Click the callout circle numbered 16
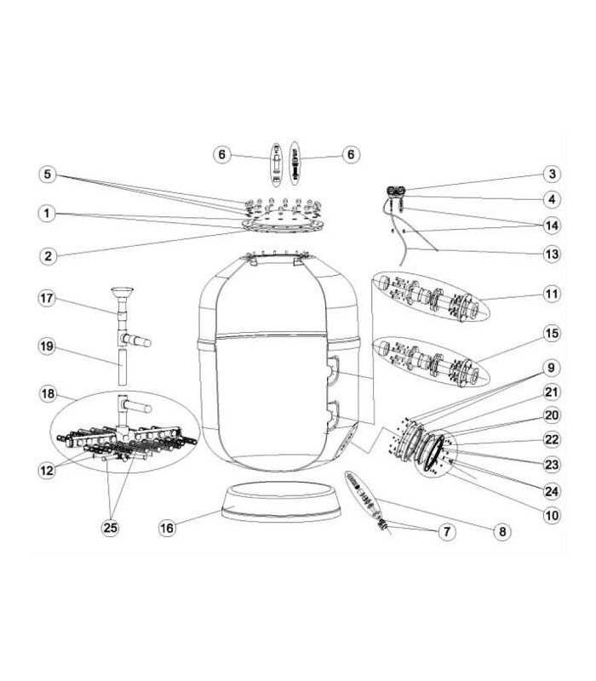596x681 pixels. [167, 528]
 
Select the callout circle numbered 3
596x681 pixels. [552, 175]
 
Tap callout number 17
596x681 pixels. [47, 299]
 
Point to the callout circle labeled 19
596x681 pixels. [47, 346]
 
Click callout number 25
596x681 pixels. [111, 528]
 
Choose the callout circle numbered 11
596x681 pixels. [552, 294]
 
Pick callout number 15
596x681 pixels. [552, 334]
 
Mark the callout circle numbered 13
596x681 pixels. [552, 254]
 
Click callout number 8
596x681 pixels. [502, 531]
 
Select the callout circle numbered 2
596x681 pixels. [48, 256]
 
